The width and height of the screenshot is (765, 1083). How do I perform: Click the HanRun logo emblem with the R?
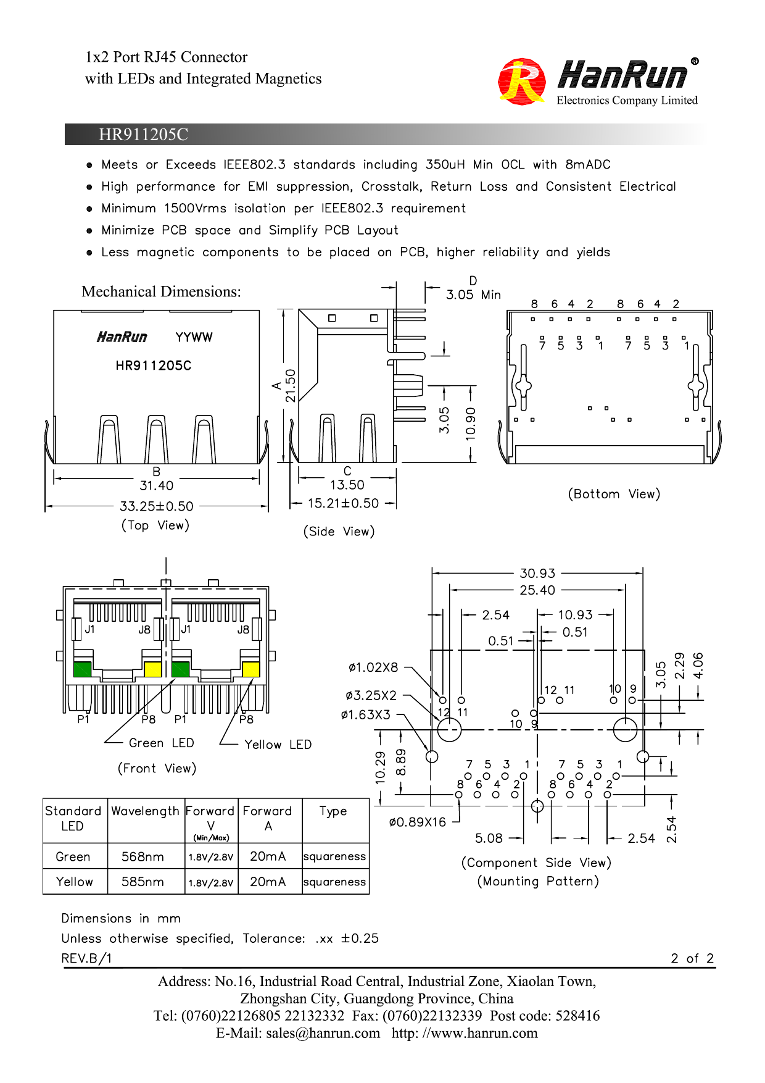(x=522, y=81)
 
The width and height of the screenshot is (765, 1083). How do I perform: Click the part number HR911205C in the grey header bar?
(x=143, y=135)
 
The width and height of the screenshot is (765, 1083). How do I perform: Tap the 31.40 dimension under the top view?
(x=156, y=486)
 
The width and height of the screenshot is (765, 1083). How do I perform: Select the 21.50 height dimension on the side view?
(x=290, y=385)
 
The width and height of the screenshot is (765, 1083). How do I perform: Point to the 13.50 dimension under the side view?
(x=347, y=485)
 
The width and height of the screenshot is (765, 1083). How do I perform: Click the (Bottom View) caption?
(x=614, y=494)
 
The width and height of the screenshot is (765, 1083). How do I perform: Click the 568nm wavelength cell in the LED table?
(x=143, y=857)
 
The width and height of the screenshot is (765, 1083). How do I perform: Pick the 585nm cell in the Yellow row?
(x=143, y=882)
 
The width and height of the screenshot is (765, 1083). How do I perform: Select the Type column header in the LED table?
(x=333, y=811)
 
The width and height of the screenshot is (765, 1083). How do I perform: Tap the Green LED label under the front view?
(x=161, y=743)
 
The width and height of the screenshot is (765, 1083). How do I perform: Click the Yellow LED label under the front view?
(x=278, y=745)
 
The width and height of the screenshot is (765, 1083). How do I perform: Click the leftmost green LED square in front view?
(x=82, y=669)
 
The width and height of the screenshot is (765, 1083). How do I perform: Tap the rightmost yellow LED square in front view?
(x=251, y=669)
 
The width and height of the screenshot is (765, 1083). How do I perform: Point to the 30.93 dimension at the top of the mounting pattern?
(x=537, y=574)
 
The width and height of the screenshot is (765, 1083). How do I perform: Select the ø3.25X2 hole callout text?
(x=371, y=696)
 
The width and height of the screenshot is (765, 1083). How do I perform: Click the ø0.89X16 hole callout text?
(x=417, y=822)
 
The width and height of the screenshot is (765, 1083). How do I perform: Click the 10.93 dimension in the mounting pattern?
(x=575, y=615)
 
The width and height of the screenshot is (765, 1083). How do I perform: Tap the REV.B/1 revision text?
(x=86, y=958)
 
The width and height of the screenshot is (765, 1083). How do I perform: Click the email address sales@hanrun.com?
(x=323, y=1034)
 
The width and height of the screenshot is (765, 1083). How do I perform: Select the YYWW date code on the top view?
(x=194, y=337)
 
